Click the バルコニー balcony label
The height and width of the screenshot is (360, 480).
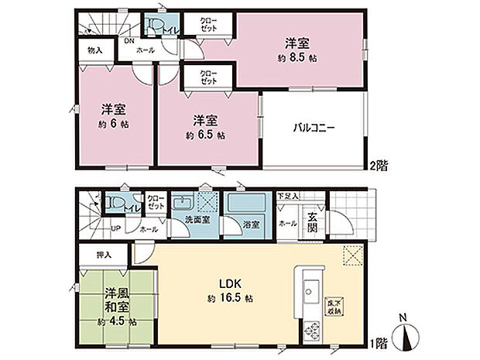(313, 128)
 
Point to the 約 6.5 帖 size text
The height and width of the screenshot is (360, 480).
(204, 135)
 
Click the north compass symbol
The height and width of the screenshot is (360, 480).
(409, 338)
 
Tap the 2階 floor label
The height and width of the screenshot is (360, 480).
(379, 166)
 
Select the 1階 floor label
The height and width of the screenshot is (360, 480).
(378, 341)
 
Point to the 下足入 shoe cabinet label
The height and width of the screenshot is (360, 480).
(289, 197)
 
